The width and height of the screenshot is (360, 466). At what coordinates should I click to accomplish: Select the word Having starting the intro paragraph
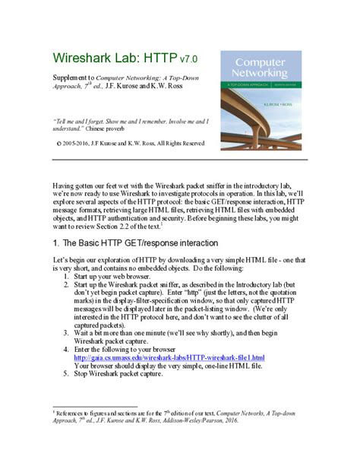(x=63, y=185)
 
